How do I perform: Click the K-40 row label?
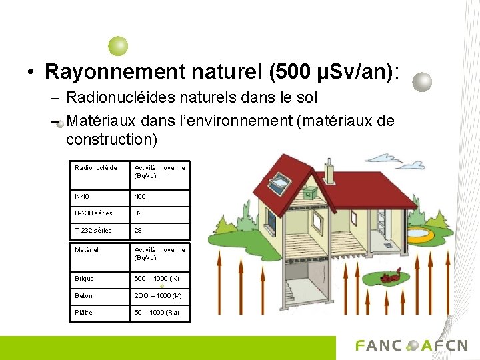coord(83,197)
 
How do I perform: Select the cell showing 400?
coord(141,197)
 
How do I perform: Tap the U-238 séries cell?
coord(93,213)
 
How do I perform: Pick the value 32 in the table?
coord(139,213)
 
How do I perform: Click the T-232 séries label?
coord(93,231)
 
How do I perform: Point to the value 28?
coord(139,231)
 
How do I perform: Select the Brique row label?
coord(85,279)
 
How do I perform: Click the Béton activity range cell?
coord(157,295)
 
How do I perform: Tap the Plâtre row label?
coord(84,313)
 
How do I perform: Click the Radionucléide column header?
coord(96,168)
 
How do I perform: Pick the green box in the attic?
coord(309,193)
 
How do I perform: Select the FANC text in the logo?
coord(379,346)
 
